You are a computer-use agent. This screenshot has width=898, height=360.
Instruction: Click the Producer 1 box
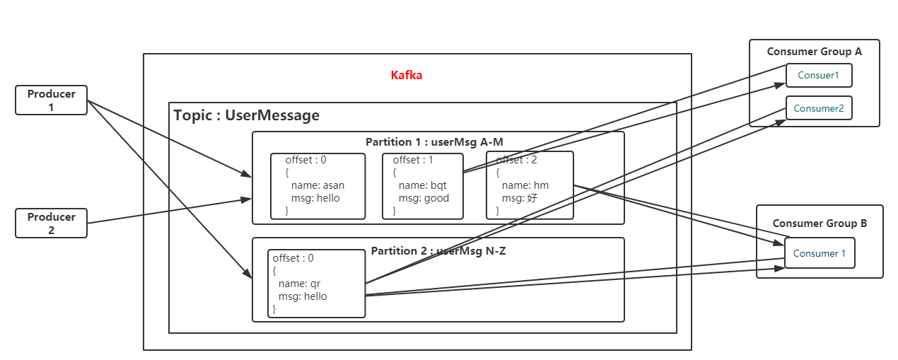pos(51,100)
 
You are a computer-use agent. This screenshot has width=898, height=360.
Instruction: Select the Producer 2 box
pos(51,223)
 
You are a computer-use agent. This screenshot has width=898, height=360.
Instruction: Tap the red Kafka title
pos(407,75)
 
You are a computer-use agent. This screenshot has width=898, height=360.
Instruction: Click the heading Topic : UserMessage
pos(246,115)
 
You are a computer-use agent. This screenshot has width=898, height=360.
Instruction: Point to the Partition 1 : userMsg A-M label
pos(434,142)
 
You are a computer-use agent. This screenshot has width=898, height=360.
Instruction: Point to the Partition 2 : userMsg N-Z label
pos(438,251)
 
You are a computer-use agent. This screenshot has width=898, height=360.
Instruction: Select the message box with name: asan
pos(317,186)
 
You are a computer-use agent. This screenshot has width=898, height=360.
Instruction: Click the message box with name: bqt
pos(423,186)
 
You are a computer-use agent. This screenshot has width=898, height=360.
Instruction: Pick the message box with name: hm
pos(530,186)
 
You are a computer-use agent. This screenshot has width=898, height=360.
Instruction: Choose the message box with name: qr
pos(316,284)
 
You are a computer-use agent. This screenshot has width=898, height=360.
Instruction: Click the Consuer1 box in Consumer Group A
pos(819,75)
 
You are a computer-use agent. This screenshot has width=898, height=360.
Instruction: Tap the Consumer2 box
pos(819,108)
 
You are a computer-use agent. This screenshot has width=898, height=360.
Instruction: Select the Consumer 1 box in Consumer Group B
pos(820,253)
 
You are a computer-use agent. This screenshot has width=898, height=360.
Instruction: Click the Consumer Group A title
pos(814,52)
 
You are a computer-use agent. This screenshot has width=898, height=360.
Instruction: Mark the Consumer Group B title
pos(820,223)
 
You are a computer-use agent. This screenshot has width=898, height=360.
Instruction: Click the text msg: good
pos(424,198)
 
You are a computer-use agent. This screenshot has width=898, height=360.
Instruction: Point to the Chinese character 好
pos(532,198)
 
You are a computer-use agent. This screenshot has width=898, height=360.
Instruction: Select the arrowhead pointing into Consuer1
pos(781,85)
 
